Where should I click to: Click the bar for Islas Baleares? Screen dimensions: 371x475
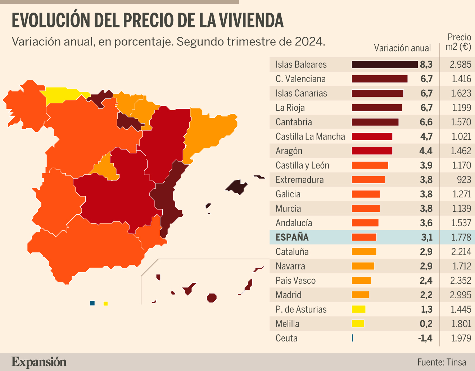tap(385, 64)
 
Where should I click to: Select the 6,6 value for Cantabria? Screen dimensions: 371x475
tap(426, 122)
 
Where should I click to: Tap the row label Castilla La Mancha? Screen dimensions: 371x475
tap(310, 137)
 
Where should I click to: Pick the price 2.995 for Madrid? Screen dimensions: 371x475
tap(460, 295)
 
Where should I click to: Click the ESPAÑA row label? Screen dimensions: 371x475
tap(292, 237)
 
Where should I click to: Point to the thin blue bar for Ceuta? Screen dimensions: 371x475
tap(352, 338)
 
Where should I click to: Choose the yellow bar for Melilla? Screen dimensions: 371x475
tap(358, 324)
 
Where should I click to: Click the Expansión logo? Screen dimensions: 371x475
tap(39, 362)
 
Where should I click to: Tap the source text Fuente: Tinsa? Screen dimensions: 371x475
tap(442, 362)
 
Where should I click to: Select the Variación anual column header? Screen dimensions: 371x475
tap(402, 48)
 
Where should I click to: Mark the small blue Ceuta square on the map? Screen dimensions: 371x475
tap(92, 303)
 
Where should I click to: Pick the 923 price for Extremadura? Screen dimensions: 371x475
tap(464, 180)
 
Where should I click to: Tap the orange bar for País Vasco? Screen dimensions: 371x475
tap(361, 281)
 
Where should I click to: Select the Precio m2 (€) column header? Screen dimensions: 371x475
tap(458, 42)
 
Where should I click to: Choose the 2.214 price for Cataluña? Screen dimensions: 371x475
tap(461, 252)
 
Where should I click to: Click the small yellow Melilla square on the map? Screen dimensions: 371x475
tap(105, 304)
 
